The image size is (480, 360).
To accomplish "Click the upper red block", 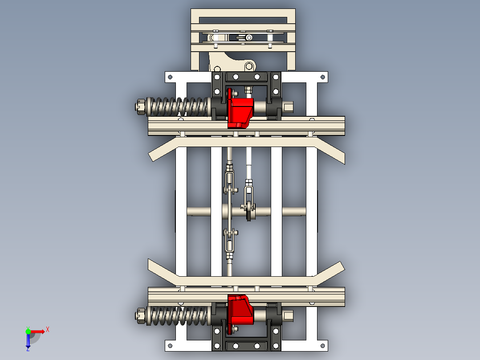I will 240,111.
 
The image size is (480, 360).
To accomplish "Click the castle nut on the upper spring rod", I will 140,107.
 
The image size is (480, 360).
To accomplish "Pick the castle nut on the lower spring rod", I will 140,316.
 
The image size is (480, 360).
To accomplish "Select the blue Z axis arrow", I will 28,341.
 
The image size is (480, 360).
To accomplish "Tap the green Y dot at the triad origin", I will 28,331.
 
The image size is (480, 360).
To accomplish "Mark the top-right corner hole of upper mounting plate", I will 323,77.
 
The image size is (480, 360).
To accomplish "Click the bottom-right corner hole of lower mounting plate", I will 323,345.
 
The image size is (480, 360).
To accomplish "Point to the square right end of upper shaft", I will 289,107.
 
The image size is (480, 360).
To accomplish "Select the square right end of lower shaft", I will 289,316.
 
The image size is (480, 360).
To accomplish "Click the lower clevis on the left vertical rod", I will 229,241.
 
